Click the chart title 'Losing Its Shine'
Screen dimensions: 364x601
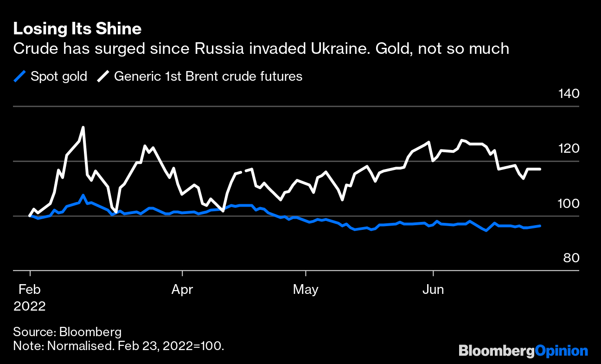coord(77,29)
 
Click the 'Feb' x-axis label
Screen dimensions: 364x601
coord(30,290)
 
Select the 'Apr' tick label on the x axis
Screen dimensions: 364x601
coord(182,290)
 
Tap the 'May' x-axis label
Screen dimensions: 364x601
coord(306,290)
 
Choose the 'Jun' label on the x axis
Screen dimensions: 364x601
coord(433,290)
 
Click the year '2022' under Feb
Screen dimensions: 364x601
coord(30,306)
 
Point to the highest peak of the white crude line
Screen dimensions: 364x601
coord(83,127)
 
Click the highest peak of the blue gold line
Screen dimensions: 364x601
coord(83,195)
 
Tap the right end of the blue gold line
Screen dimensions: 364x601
coord(540,226)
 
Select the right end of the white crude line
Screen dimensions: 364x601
coord(540,169)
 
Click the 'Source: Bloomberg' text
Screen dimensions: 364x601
coord(67,332)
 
